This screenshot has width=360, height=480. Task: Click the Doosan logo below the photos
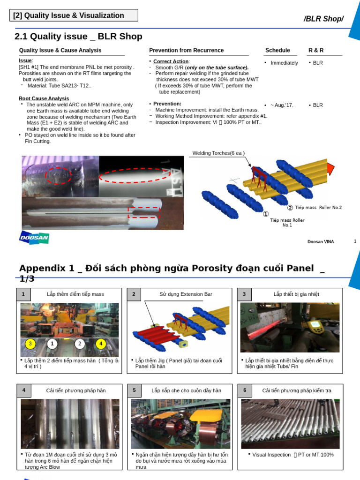coord(34,238)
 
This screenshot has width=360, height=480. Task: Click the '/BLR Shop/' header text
coord(323,19)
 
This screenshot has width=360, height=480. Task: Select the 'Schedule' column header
coord(277,51)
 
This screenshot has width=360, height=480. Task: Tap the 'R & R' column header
coord(316,51)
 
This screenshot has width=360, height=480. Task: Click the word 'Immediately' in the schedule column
coord(284,63)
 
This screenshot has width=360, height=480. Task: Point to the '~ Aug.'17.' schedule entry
coord(282,105)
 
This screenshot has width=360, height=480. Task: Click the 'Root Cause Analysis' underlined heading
coord(44,98)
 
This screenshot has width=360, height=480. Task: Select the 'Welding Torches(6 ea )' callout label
coord(218,153)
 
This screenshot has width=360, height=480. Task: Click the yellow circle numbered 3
coord(30,344)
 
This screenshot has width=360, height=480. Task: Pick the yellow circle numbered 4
coord(101,344)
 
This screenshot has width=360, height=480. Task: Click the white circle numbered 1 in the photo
coord(52,344)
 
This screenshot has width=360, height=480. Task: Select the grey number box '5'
coord(134,390)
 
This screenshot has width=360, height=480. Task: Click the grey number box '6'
coord(245,390)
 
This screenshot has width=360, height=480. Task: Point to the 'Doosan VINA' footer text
coord(321,242)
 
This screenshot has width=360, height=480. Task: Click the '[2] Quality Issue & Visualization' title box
coord(74,15)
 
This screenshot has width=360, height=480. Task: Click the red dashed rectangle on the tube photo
coord(144,212)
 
